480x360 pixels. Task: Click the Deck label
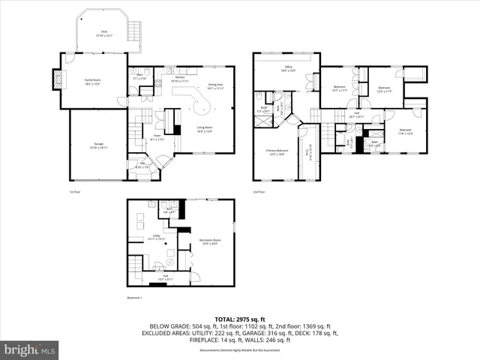[103, 32]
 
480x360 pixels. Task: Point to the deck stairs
[135, 32]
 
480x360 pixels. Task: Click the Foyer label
[157, 138]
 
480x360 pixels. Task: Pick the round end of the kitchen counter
[202, 106]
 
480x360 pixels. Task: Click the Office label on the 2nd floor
[287, 68]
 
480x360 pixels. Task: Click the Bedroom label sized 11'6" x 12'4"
[405, 131]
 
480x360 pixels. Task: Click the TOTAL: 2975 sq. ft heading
[240, 318]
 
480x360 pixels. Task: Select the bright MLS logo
[30, 349]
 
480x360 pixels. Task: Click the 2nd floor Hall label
[357, 116]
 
